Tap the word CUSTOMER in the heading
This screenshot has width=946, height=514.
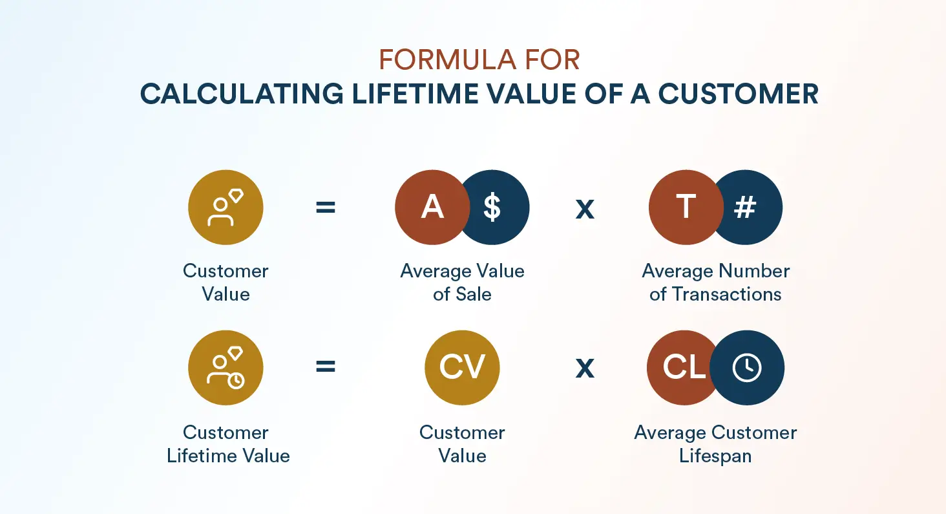point(739,94)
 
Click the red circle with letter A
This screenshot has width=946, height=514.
point(429,208)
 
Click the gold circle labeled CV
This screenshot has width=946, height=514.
point(462,368)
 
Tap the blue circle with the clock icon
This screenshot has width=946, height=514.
point(748,368)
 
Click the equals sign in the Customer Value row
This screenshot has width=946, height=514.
point(326,208)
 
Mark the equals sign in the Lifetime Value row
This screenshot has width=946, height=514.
point(326,367)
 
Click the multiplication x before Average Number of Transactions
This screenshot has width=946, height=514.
point(585,209)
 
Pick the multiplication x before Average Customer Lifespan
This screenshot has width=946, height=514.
point(585,368)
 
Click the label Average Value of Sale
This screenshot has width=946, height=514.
point(462,283)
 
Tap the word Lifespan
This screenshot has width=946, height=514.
point(715,456)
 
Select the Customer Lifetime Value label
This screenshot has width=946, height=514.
point(227,444)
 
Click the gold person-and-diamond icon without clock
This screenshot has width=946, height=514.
point(226,208)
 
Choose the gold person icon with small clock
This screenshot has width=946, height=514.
point(226,368)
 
